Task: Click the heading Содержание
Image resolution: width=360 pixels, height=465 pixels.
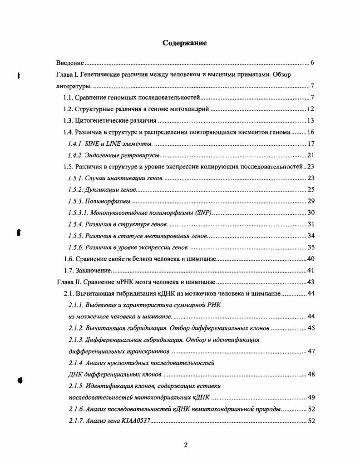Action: pos(185,43)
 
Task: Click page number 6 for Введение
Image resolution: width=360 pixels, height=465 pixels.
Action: pos(312,63)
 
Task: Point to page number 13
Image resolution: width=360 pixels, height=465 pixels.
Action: pos(311,121)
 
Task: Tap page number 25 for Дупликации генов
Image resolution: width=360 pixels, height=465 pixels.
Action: pos(311,190)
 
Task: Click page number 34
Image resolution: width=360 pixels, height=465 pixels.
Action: pos(311,236)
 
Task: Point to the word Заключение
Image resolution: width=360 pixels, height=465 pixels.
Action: pos(93,271)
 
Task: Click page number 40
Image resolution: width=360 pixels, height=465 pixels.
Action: pos(311,259)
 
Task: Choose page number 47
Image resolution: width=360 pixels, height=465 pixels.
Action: pos(311,351)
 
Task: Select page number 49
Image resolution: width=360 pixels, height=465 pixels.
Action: pos(311,398)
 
